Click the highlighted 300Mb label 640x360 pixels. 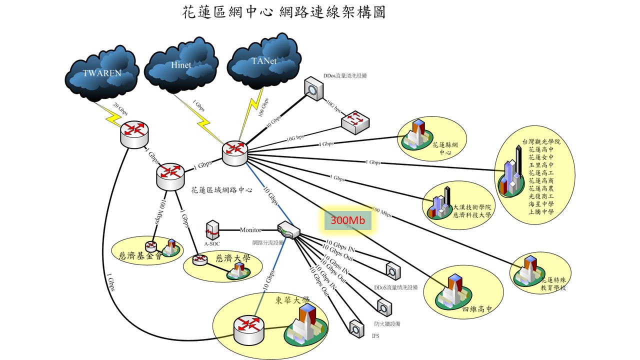coord(348,220)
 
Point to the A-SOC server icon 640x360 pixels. coord(212,230)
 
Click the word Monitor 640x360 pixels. coord(250,230)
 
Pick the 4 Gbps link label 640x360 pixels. coord(326,144)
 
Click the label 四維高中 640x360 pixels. coord(478,309)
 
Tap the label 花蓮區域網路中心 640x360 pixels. coord(221,190)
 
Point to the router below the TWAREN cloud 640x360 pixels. coord(134,134)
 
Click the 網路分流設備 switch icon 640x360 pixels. coord(288,230)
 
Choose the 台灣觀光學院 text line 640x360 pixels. coord(541,142)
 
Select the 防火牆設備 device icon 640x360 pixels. coord(384,305)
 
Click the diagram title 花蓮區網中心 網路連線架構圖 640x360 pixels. coord(284,12)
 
